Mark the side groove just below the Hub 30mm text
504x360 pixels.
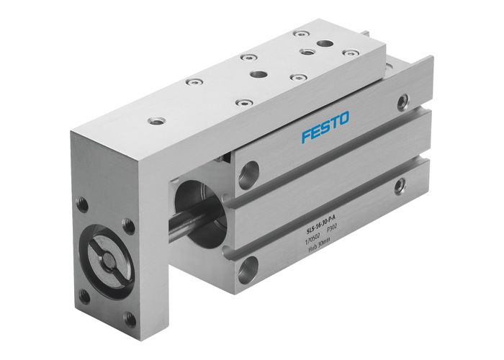[x=324, y=253]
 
